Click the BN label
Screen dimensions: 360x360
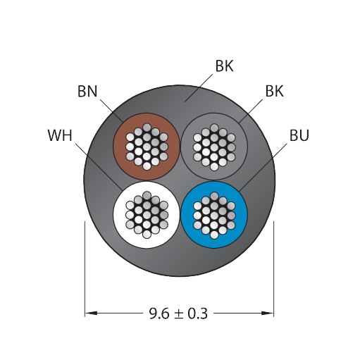87,92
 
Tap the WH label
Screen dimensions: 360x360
60,135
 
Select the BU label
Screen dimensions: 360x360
299,135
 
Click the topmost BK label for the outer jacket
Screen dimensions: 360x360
225,66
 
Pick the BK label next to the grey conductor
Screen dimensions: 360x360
275,91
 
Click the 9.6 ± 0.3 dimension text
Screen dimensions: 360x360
178,314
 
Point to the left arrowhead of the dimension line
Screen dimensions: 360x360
91,313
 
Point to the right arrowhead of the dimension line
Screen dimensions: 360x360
268,313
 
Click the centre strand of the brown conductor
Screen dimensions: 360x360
147,147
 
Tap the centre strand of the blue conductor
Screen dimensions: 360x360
214,215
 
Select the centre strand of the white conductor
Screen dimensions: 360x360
147,215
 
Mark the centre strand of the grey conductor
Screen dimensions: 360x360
214,147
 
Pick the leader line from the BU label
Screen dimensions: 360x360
263,167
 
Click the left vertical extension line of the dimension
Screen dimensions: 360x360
85,269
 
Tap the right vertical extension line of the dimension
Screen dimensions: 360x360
274,269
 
